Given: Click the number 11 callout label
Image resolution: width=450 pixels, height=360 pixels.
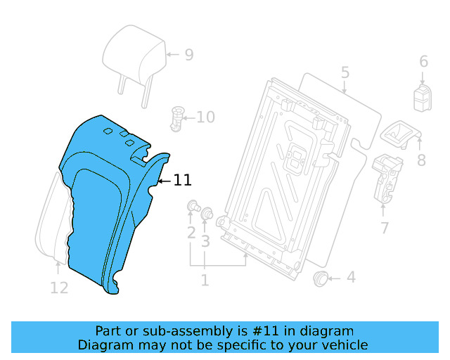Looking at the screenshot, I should [x=182, y=181].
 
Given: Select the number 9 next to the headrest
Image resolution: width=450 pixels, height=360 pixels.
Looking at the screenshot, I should [x=188, y=55].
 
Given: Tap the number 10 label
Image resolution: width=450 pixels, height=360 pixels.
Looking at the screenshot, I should [x=205, y=117].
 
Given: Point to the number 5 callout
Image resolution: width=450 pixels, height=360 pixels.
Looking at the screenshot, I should [x=345, y=72].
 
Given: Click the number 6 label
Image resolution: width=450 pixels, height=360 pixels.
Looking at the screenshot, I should [x=423, y=62].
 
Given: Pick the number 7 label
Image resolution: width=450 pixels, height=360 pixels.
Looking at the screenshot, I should [x=385, y=227].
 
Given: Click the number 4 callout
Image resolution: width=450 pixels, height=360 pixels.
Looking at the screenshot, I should [x=350, y=278].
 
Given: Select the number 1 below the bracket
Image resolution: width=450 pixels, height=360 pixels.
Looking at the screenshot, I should [x=205, y=281].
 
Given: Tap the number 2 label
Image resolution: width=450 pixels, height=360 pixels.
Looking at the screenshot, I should [x=191, y=233].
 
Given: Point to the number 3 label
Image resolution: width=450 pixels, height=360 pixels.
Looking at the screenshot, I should [x=206, y=242].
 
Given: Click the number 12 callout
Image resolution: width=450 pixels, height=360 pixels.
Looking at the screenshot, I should [x=59, y=288].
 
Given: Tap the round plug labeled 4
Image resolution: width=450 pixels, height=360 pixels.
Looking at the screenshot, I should [x=321, y=278].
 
